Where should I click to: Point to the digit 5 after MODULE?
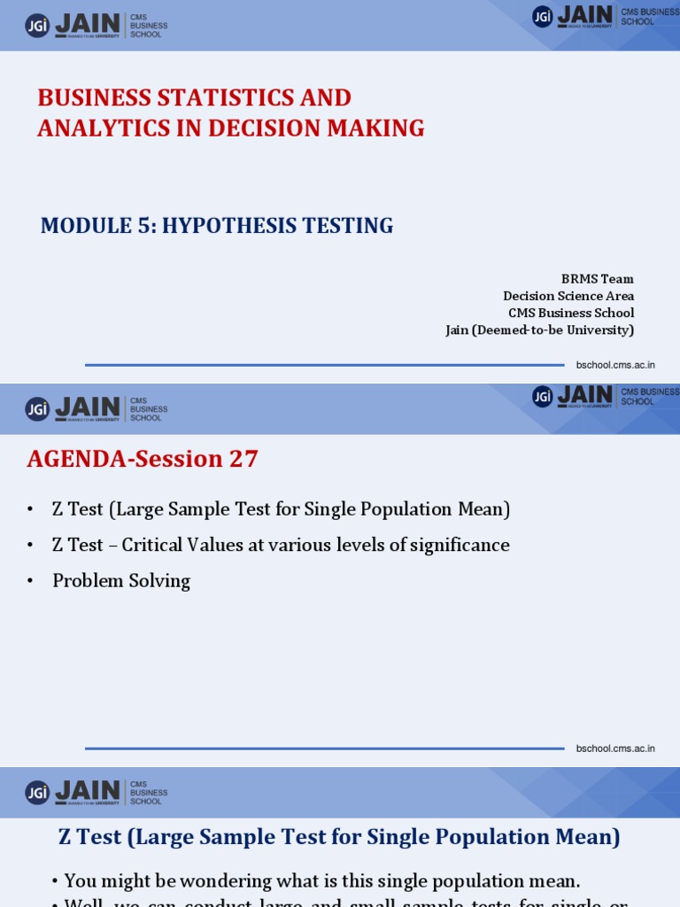[142, 226]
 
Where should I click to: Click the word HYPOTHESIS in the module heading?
[229, 226]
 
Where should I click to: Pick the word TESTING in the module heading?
[352, 226]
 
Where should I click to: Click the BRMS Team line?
[597, 278]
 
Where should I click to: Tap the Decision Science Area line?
[568, 296]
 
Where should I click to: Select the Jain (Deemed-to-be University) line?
[539, 330]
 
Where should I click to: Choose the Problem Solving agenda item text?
[121, 581]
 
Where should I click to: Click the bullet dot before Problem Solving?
[30, 582]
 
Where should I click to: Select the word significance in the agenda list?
[460, 546]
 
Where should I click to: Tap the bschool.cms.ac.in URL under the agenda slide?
[615, 748]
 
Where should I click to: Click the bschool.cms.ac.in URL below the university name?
[615, 365]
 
